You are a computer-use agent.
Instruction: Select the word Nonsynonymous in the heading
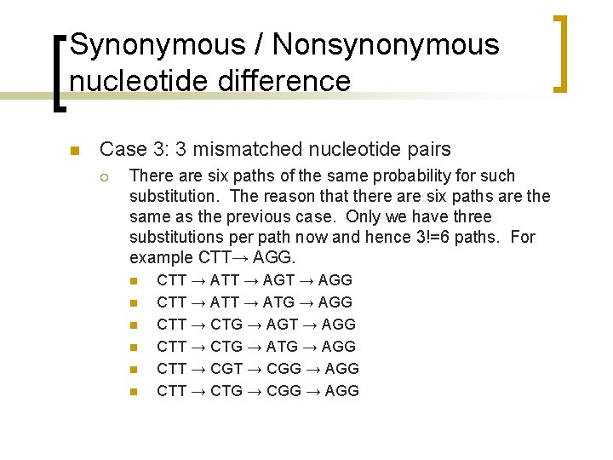pyautogui.click(x=388, y=44)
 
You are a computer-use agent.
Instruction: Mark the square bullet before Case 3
pyautogui.click(x=73, y=151)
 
